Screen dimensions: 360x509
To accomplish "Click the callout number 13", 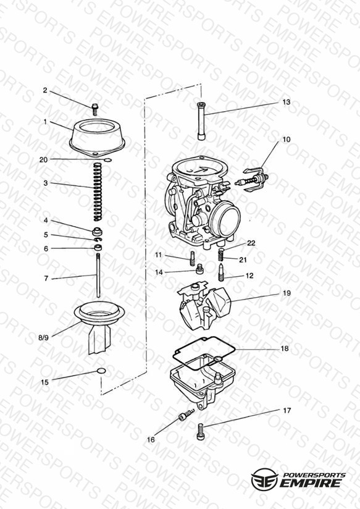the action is (x=286, y=102).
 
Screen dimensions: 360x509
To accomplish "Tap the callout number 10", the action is (x=286, y=140).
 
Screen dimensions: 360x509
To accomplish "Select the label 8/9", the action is (x=43, y=338).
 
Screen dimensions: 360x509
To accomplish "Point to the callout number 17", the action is (x=287, y=411).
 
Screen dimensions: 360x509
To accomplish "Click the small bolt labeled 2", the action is (x=95, y=109).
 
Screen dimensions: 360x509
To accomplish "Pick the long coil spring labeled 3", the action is (x=98, y=192).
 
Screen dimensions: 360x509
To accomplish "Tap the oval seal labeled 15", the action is (x=101, y=371).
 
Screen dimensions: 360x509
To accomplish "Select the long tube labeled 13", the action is (x=201, y=121).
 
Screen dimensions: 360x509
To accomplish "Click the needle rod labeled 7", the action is (x=98, y=275).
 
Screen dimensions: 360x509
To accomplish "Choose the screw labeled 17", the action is (x=200, y=432).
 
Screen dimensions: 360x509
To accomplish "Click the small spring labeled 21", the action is (x=220, y=254).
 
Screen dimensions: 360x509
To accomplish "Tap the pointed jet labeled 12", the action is (x=220, y=272).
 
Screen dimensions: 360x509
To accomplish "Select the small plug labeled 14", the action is (x=200, y=269).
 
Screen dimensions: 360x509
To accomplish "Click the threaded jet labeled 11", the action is (x=192, y=258).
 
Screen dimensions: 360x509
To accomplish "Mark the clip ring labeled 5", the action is (x=98, y=240).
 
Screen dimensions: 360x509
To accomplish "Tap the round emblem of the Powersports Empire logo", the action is (x=264, y=479).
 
